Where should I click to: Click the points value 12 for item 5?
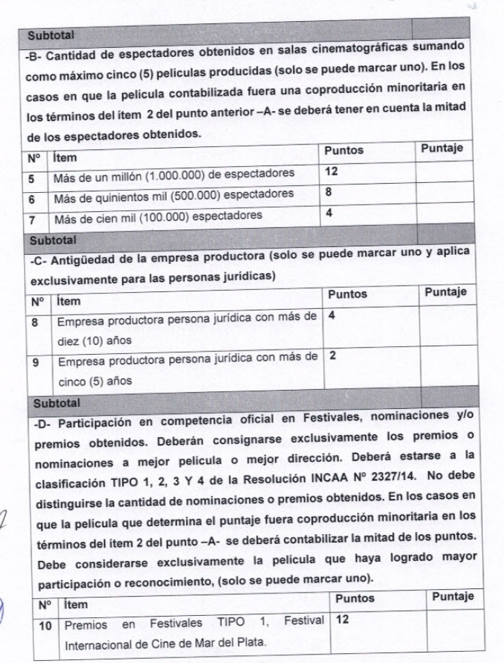click(x=332, y=171)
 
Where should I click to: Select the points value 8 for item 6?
click(x=329, y=191)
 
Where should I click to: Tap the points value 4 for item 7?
click(x=329, y=213)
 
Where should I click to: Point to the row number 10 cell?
click(x=46, y=624)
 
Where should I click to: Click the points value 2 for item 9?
click(x=332, y=355)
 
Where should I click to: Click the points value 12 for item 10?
click(x=343, y=620)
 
